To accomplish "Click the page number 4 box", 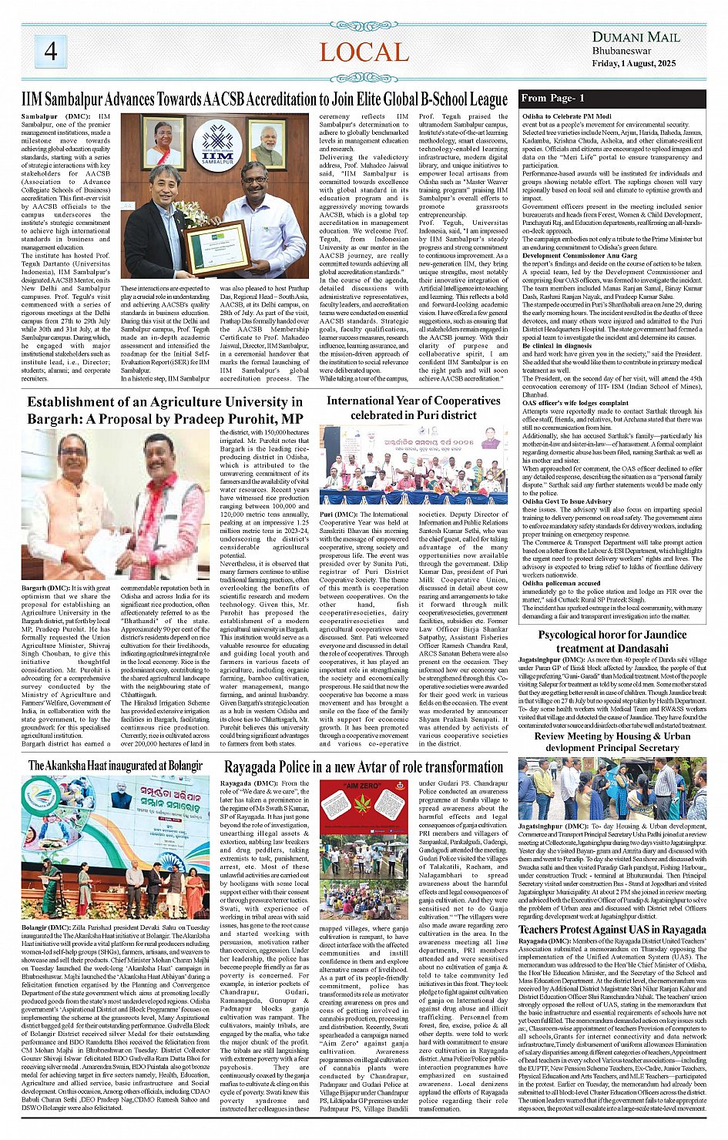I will tap(51, 51).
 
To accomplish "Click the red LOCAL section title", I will tap(364, 52).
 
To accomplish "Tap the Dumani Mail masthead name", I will tap(636, 36).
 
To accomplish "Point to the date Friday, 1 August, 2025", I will tap(633, 63).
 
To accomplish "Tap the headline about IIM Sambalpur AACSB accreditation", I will tap(264, 99).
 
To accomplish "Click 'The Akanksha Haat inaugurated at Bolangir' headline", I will tap(116, 765).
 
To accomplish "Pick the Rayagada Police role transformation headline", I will tap(364, 766).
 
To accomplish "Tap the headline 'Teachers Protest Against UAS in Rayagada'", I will tap(612, 929).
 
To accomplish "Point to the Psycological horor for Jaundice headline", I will tap(612, 642).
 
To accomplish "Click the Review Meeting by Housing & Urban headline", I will tap(612, 742).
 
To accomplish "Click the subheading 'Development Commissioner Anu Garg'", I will tap(569, 256).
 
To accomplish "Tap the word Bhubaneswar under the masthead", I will tap(622, 51).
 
